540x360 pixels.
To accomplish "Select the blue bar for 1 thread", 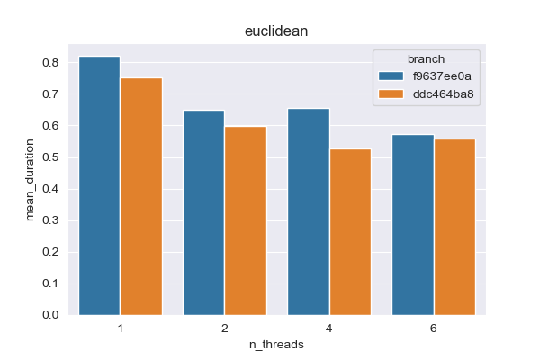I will [x=99, y=185].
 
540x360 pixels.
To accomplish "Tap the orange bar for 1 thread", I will [x=141, y=196].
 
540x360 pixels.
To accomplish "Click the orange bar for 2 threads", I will [x=246, y=220].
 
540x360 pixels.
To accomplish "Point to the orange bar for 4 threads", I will [x=350, y=231].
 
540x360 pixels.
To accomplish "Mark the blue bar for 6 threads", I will [x=412, y=225].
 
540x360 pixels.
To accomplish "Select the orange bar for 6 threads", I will [x=454, y=227].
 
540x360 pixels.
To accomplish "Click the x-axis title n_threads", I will [x=275, y=345].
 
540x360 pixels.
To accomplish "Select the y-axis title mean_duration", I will [x=31, y=180].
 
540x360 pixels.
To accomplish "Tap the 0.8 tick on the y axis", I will [x=49, y=63].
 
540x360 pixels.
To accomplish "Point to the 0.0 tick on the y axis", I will [x=49, y=315].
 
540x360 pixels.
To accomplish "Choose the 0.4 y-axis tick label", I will [x=49, y=189].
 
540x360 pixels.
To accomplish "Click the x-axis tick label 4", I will [x=328, y=328].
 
